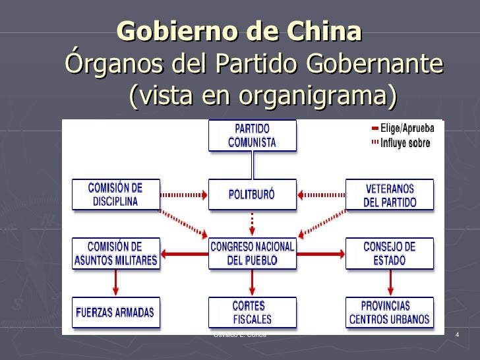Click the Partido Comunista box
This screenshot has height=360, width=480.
point(251,135)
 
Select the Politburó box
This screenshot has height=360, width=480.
point(251,195)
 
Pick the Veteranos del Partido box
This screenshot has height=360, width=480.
point(390,195)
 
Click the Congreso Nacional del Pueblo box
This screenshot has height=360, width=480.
point(252,253)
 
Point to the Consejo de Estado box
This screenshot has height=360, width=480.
point(390,253)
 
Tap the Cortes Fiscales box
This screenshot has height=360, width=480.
point(252,313)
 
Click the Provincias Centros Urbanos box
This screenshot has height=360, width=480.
point(390,313)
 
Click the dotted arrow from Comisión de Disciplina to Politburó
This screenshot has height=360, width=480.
point(185,195)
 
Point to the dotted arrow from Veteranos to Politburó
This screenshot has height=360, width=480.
point(320,195)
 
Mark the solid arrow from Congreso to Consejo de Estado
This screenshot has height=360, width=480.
point(320,253)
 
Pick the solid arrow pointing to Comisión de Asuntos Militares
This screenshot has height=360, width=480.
point(185,253)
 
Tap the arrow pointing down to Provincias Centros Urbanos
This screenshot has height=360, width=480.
point(390,283)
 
